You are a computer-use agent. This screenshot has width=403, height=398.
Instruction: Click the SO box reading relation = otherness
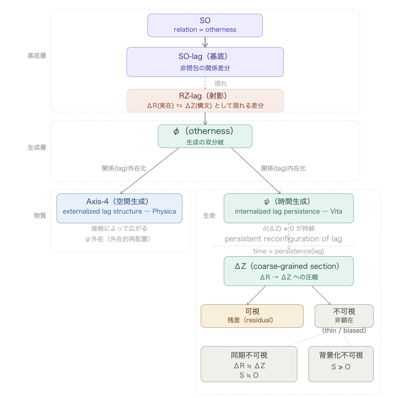[205, 25]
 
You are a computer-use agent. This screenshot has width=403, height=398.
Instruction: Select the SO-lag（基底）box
[205, 62]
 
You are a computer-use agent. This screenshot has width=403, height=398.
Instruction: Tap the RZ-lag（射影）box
[205, 101]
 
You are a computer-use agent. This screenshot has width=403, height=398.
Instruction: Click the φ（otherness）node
[205, 136]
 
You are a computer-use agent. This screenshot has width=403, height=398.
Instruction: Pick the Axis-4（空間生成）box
[119, 208]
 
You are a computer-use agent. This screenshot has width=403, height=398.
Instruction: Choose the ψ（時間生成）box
[289, 208]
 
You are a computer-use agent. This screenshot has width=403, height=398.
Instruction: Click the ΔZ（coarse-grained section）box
[289, 271]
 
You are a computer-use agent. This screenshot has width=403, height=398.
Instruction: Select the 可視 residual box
[252, 316]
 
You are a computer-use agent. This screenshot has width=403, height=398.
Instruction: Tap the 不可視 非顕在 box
[344, 316]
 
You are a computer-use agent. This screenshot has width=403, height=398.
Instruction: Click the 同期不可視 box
[249, 364]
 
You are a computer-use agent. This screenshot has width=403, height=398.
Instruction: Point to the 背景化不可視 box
[341, 364]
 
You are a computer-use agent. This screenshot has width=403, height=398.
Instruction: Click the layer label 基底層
[37, 56]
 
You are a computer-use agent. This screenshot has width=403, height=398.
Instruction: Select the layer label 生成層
[37, 147]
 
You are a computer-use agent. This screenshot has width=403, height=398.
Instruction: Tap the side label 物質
[40, 215]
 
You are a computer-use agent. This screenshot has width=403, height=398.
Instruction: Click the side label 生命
[209, 216]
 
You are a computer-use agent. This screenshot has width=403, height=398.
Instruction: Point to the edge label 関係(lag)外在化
[124, 168]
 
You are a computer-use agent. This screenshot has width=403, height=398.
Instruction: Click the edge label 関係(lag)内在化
[283, 168]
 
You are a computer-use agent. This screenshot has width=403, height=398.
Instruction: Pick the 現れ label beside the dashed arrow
[221, 84]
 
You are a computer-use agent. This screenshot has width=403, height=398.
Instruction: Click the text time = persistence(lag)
[289, 251]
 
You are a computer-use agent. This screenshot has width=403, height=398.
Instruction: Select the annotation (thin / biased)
[344, 330]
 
